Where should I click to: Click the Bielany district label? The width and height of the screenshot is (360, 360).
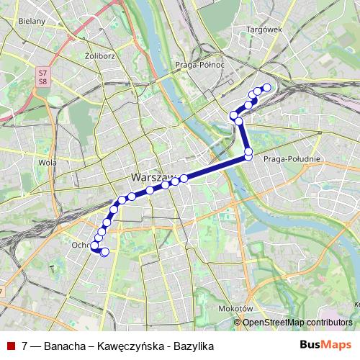click(33, 22)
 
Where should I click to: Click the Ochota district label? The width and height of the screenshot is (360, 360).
click(81, 245)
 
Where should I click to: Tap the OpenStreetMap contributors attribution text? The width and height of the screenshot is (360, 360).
click(297, 323)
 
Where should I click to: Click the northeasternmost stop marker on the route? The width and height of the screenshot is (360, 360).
click(266, 88)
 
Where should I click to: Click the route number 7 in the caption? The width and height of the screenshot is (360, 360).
click(25, 346)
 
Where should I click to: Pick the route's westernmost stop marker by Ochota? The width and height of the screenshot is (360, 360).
click(94, 246)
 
